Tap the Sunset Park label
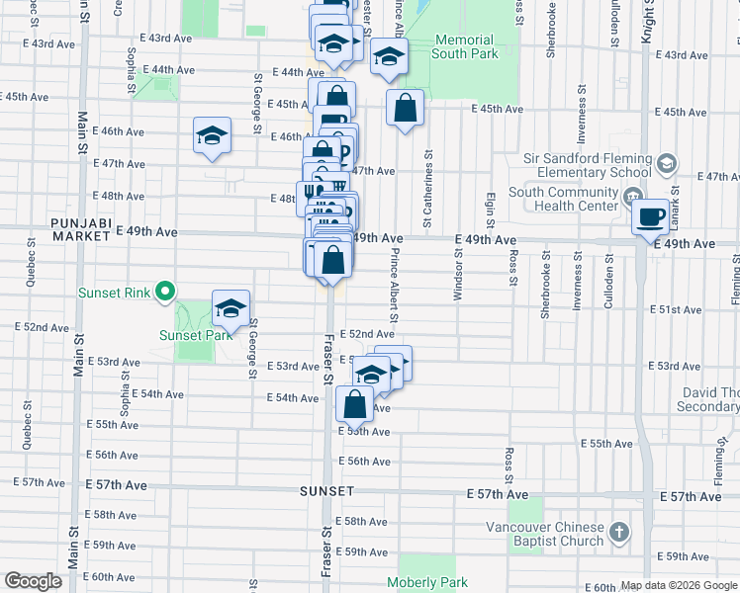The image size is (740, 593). (x=196, y=334)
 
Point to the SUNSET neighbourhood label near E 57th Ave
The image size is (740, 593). (x=327, y=491)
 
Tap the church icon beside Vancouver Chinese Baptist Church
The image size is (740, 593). (x=618, y=533)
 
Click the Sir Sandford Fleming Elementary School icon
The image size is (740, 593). (x=666, y=163)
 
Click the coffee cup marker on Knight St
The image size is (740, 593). (x=650, y=217)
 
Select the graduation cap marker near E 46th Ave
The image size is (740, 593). (x=212, y=135)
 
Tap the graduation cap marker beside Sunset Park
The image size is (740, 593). (x=231, y=308)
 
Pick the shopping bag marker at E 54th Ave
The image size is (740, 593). (x=354, y=404)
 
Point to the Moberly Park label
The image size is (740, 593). (x=425, y=583)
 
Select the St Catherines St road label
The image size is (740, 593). (x=428, y=188)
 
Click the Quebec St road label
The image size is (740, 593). (x=31, y=268)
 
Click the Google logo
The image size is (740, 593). (x=34, y=581)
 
